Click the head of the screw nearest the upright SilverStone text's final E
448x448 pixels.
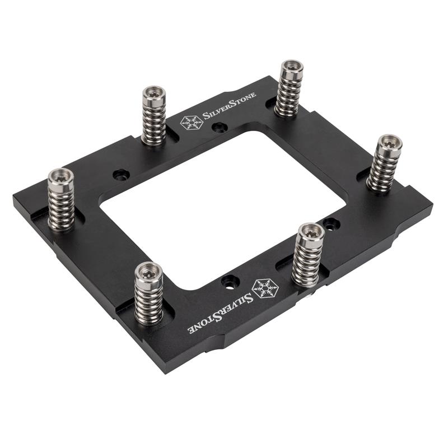tap(292, 69)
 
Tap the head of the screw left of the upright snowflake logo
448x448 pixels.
tap(153, 95)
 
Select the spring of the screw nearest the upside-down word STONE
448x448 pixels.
tap(148, 302)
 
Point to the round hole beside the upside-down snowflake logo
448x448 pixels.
tap(228, 280)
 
